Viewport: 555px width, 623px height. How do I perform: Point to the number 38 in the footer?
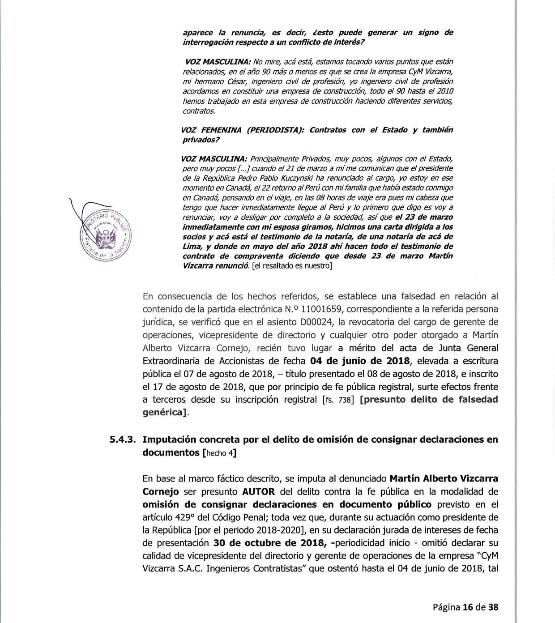click(x=493, y=607)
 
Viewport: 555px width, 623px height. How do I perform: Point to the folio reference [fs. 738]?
click(x=338, y=400)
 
